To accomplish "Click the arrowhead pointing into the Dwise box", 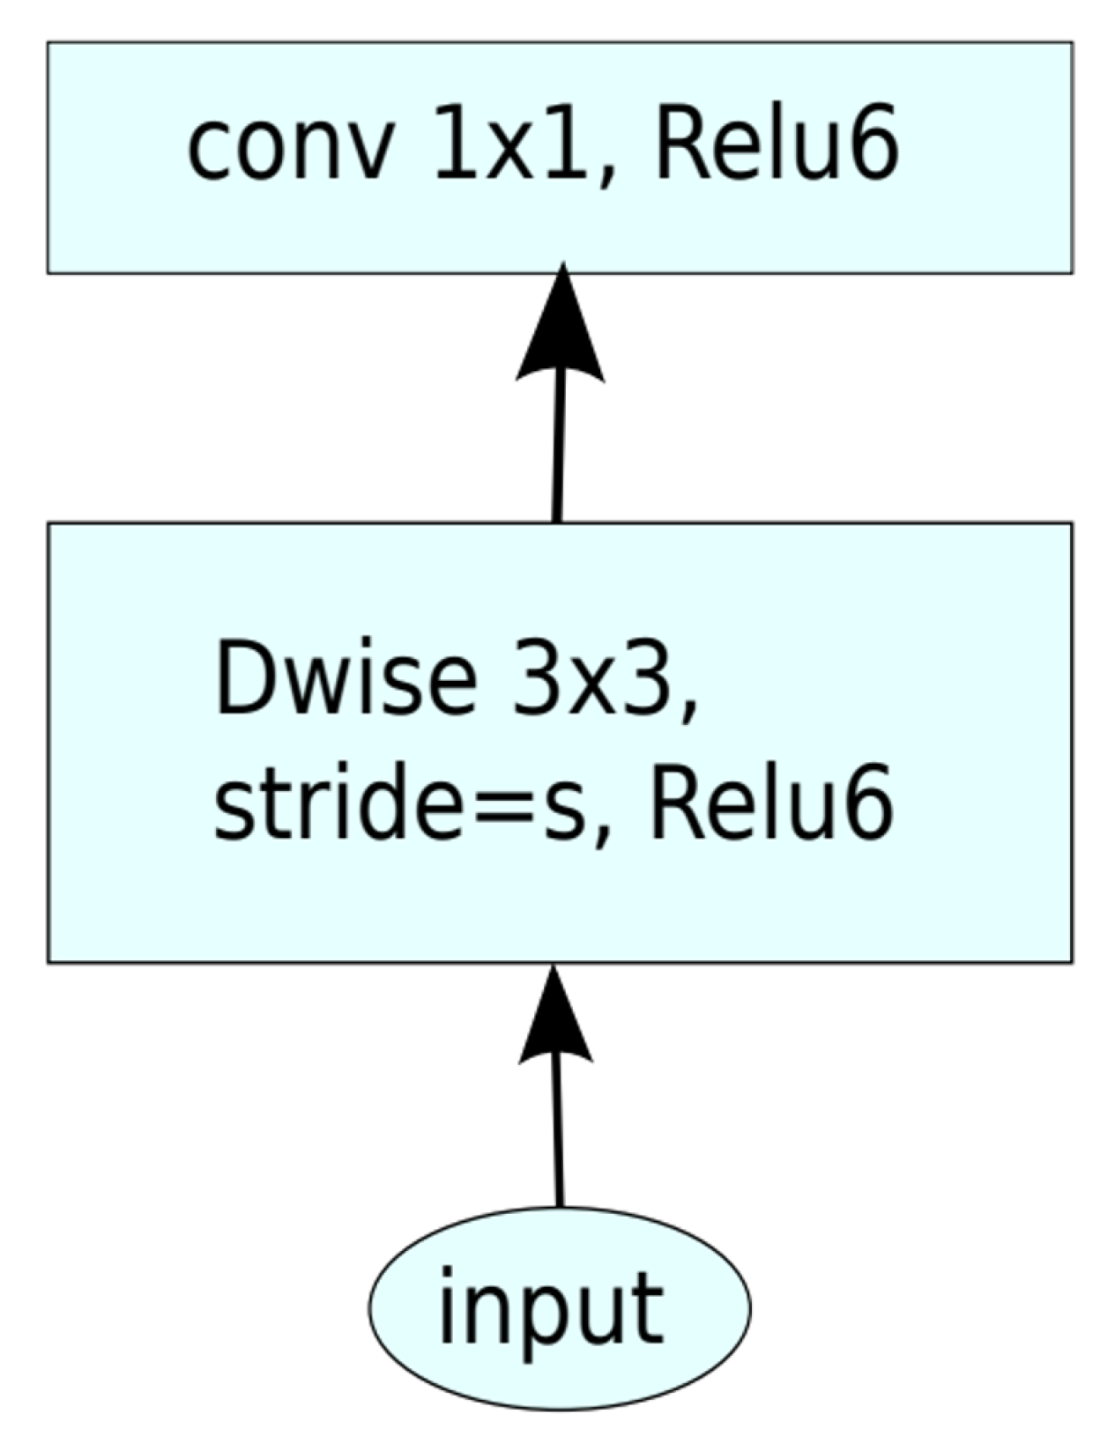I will pos(555,1022).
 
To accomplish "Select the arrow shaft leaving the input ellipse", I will pos(557,1136).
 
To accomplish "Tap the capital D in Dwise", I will pos(242,681).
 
